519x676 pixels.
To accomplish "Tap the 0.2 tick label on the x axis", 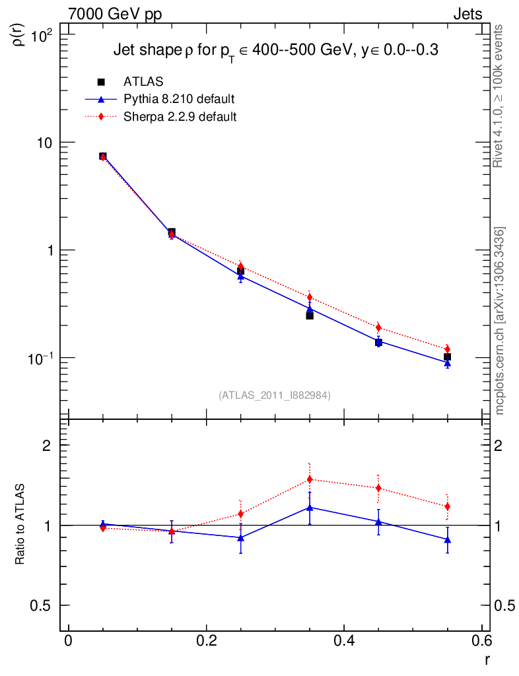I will (x=206, y=641).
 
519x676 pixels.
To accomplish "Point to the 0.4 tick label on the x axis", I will (x=343, y=641).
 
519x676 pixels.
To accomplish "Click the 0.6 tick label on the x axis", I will (x=481, y=641).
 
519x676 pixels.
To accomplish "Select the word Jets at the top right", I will (x=467, y=15).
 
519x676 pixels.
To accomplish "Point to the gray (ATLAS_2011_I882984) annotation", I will (x=275, y=395).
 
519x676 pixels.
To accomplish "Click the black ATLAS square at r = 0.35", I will (x=310, y=316).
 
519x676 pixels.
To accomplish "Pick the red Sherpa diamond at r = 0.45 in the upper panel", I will (x=378, y=327).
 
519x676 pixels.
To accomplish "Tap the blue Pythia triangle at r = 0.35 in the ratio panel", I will (x=310, y=507).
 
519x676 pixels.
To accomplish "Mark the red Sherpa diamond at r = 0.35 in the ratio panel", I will (x=310, y=479).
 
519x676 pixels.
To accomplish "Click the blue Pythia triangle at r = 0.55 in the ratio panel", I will (x=448, y=539).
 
